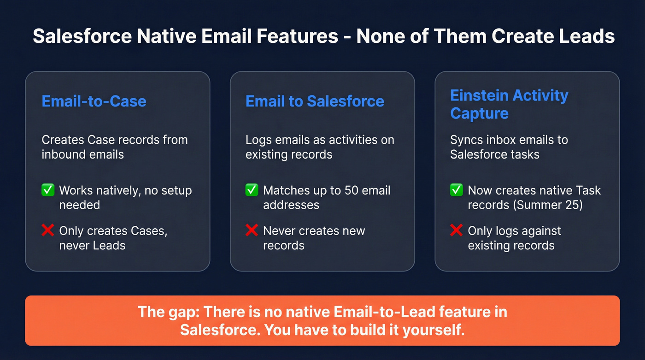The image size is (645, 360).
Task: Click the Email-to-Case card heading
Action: (x=94, y=101)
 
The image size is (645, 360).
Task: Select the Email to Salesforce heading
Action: (x=315, y=101)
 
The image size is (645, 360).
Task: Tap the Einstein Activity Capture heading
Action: (x=509, y=104)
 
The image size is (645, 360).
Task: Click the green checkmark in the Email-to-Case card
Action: (x=48, y=190)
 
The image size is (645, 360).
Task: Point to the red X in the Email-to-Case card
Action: (x=48, y=230)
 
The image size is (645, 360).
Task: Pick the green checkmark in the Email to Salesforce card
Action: (x=252, y=190)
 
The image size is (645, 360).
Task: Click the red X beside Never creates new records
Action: (x=252, y=230)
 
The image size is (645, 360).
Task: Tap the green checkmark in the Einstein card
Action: (x=456, y=190)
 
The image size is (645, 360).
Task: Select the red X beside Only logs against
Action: (x=456, y=230)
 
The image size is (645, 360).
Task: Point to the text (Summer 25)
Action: (x=548, y=205)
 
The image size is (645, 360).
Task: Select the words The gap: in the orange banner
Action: (x=168, y=312)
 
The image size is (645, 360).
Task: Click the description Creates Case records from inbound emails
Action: (x=114, y=147)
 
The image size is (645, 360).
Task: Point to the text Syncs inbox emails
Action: (x=502, y=140)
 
